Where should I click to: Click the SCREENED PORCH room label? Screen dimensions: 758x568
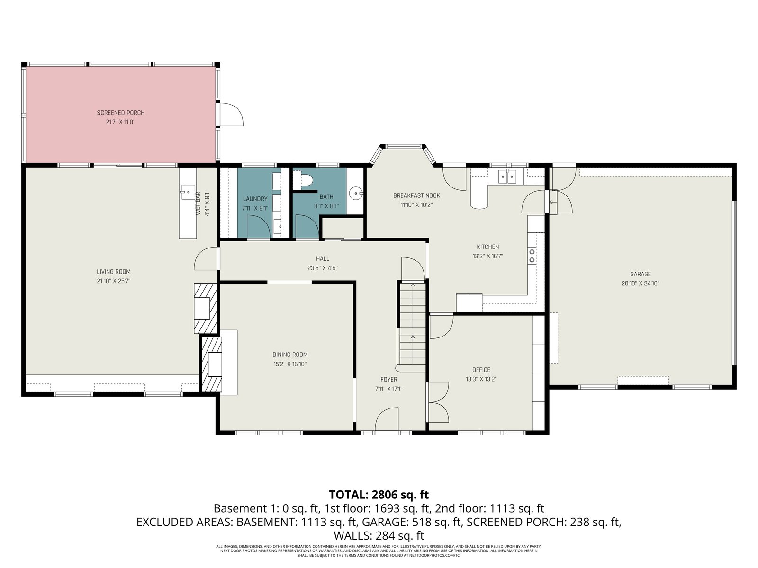point(120,113)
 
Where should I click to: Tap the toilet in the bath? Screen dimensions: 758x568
point(303,180)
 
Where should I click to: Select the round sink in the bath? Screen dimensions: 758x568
point(356,194)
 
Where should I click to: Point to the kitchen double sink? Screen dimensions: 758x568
point(507,177)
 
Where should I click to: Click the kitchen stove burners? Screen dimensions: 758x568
point(532,256)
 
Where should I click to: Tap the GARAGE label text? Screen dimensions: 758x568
point(640,274)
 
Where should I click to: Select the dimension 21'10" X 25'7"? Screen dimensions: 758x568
point(114,281)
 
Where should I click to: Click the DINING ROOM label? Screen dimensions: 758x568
point(290,355)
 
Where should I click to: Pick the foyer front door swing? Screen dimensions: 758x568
point(387,419)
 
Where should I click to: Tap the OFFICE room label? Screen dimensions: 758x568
point(481,370)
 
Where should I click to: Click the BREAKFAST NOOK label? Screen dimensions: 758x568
point(416,195)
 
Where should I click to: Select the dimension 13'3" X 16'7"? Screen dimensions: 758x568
point(487,256)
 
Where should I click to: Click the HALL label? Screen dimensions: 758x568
point(323,258)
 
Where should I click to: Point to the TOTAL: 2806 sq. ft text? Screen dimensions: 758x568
point(379,495)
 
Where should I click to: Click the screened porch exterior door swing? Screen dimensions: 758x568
point(232,115)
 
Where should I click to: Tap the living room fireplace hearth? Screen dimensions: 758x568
point(206,308)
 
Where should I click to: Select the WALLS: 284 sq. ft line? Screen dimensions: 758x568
point(379,536)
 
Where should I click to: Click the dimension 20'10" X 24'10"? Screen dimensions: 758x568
point(640,284)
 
